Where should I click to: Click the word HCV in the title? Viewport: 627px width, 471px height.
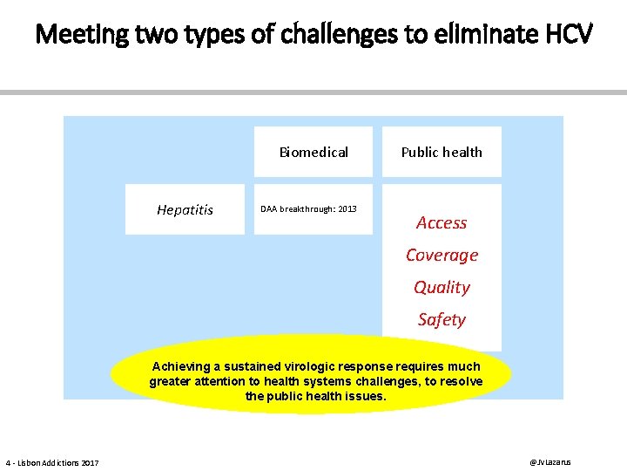[x=568, y=36]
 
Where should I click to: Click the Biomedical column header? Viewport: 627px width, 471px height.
[x=313, y=153]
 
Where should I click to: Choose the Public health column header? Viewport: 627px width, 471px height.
[x=442, y=153]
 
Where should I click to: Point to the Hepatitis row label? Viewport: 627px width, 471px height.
[x=185, y=209]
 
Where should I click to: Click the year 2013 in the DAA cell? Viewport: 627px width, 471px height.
[x=345, y=209]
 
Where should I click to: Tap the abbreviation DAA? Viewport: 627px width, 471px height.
[x=271, y=209]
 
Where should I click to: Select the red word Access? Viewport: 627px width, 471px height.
[x=442, y=223]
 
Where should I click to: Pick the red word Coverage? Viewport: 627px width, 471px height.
[x=442, y=256]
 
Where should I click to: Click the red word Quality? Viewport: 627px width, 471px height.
[x=442, y=288]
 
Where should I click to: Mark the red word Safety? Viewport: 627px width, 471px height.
[x=442, y=320]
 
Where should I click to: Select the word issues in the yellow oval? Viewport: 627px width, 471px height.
[x=364, y=397]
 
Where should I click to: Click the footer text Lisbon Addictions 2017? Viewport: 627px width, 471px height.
[x=57, y=462]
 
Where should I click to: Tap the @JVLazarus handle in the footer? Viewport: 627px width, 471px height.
[x=550, y=461]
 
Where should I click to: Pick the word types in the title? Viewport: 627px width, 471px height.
[x=193, y=36]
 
